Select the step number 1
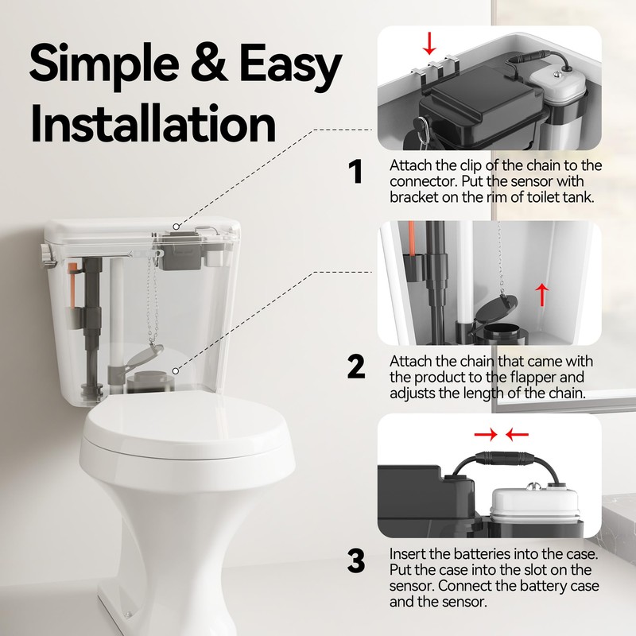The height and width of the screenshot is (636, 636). [355, 173]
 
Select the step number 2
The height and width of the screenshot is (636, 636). [356, 366]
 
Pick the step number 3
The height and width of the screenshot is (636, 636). [356, 561]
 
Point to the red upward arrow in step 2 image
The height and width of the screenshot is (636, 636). [542, 293]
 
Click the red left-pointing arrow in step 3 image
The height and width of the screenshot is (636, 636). [517, 434]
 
